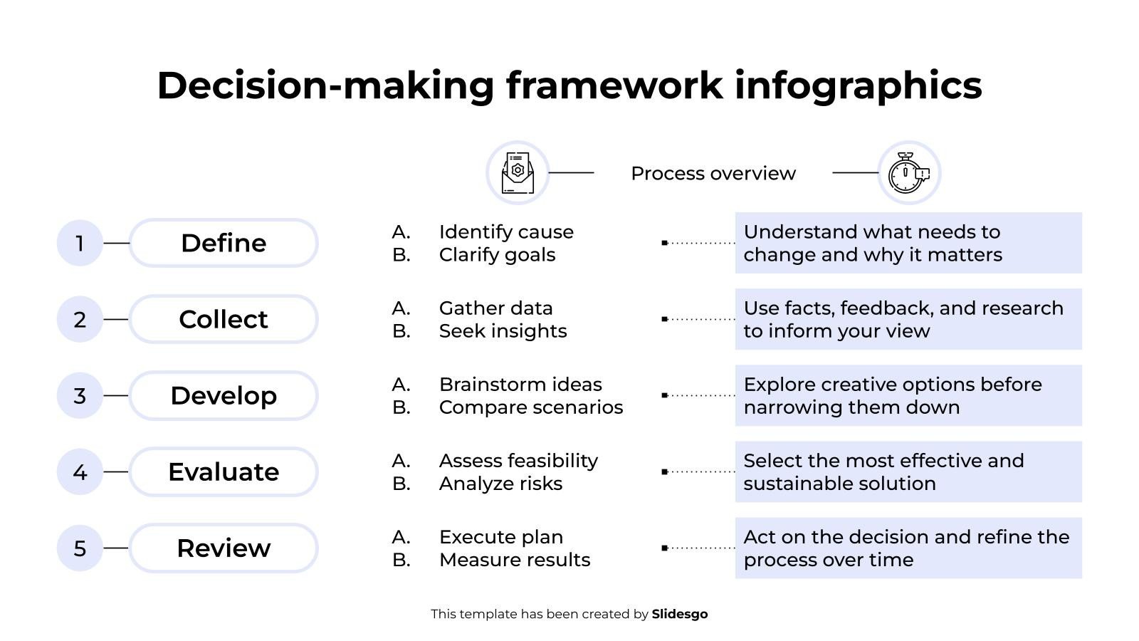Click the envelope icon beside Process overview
[x=518, y=173]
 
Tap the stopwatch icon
[x=909, y=173]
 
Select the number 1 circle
[x=80, y=243]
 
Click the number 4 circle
[x=80, y=472]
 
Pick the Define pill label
[x=224, y=243]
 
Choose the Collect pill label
[x=224, y=320]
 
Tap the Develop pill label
[x=224, y=396]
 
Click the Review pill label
[x=224, y=548]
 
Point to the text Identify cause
[x=506, y=232]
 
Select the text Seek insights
[x=503, y=331]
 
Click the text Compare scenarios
[x=531, y=407]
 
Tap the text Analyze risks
[x=501, y=484]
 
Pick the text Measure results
[x=515, y=560]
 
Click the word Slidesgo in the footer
[x=680, y=614]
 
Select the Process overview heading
[x=713, y=174]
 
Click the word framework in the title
[x=614, y=85]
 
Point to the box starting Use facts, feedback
[x=908, y=320]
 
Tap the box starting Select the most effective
[x=908, y=472]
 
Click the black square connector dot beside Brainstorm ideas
[x=665, y=395]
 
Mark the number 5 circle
[x=80, y=548]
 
